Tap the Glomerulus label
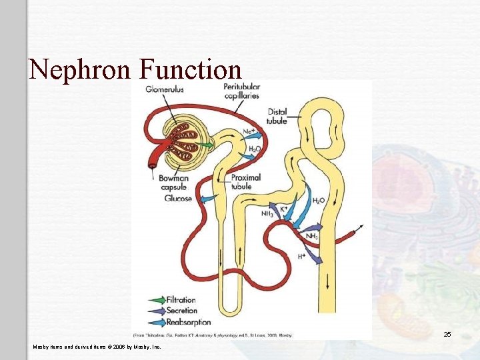165,89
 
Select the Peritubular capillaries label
242,91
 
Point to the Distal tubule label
277,116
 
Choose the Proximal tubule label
245,182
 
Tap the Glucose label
177,198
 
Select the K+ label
284,209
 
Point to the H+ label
302,255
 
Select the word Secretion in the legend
182,310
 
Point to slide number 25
447,334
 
